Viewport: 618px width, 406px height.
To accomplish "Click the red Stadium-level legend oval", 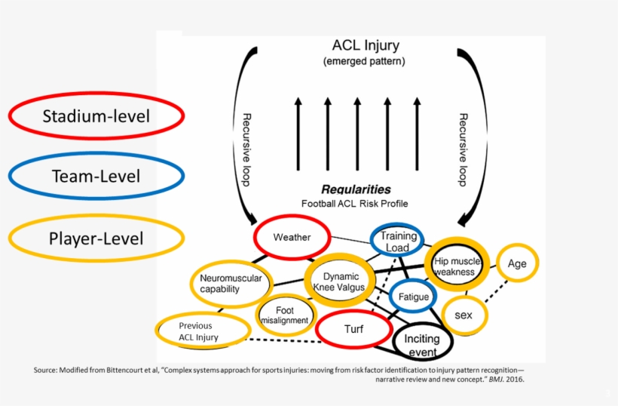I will tap(96, 116).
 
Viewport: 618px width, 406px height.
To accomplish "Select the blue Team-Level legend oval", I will tap(96, 177).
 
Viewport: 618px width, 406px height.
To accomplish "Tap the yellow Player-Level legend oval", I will tap(96, 238).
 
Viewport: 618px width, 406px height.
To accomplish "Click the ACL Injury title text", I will tap(366, 46).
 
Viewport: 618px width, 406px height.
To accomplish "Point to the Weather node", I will tap(292, 237).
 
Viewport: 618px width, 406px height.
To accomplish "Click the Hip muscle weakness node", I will tap(454, 266).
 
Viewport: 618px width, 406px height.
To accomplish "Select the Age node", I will tap(517, 263).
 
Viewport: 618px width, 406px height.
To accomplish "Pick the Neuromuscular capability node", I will tap(230, 283).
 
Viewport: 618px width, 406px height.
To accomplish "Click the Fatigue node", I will tap(413, 297).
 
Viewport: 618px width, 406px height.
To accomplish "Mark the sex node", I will tap(463, 315).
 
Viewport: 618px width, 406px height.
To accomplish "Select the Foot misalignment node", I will tap(284, 315).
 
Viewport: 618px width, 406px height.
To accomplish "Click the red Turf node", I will tap(353, 330).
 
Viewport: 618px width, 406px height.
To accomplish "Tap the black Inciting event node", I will tap(421, 345).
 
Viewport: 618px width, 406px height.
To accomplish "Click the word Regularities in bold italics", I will tap(356, 189).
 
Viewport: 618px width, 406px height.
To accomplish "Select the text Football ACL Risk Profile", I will tap(353, 204).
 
